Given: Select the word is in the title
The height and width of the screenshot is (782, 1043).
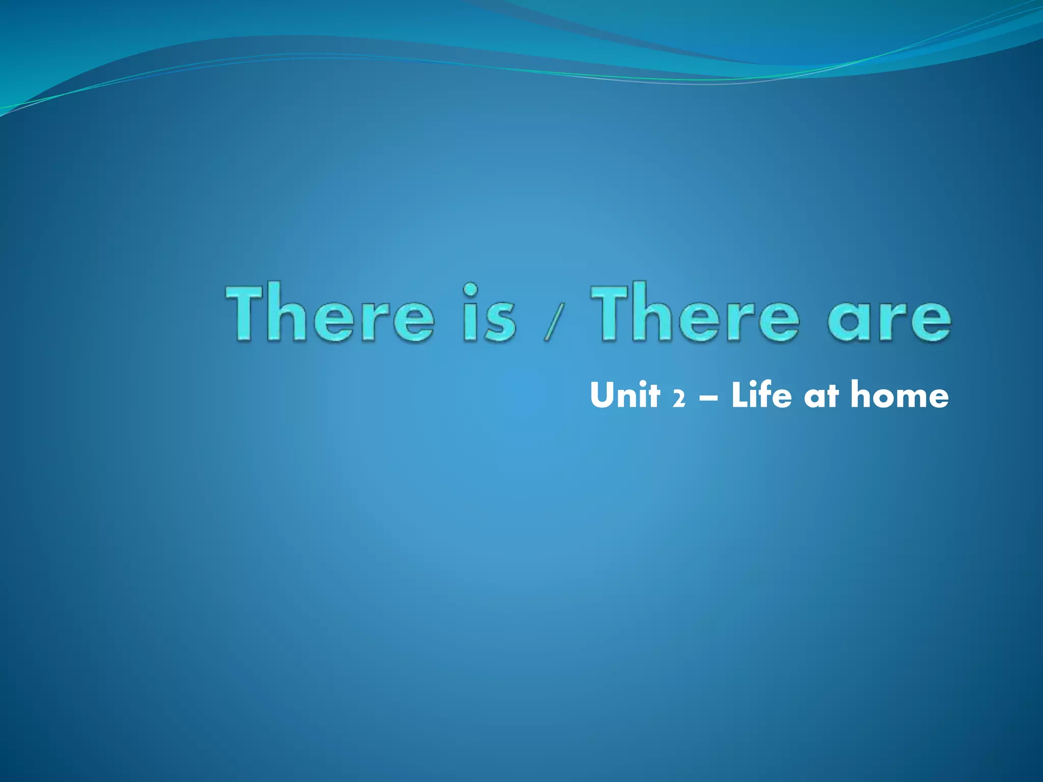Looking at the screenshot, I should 489,313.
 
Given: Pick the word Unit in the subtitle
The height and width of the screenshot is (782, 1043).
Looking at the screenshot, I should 625,395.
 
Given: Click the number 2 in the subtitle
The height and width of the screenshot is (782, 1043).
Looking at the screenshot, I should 678,398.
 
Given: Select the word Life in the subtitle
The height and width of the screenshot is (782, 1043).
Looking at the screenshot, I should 761,395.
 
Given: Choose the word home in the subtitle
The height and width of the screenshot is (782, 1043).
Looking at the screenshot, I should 899,395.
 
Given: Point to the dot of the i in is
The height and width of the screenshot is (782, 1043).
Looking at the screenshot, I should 471,290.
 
